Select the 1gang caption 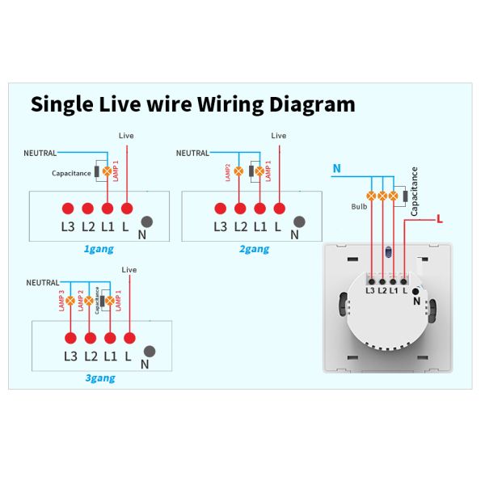[99, 249]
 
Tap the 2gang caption [253, 249]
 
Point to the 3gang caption [100, 377]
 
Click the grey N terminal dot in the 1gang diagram [148, 221]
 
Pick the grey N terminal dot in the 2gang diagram [301, 221]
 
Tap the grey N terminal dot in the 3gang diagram [150, 351]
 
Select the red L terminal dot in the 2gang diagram [279, 207]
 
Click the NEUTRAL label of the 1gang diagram [40, 153]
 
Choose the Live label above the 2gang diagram [278, 136]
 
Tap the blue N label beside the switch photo [337, 168]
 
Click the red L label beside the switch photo [439, 218]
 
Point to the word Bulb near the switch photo [359, 206]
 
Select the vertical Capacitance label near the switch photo [414, 191]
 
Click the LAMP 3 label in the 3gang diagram [61, 301]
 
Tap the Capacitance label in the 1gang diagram [71, 173]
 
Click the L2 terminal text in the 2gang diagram [240, 226]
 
